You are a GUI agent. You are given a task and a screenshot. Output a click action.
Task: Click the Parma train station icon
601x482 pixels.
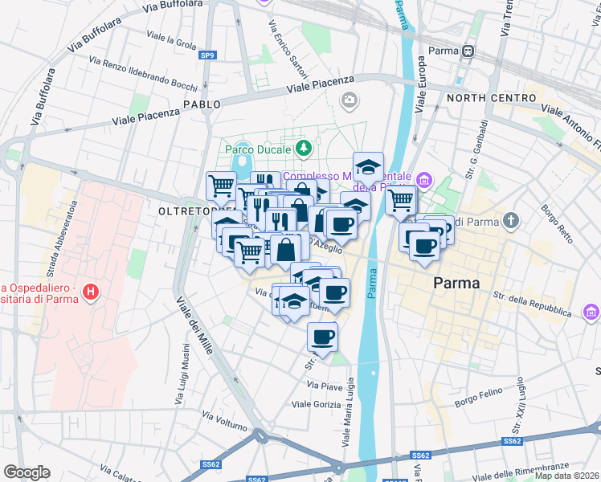pyautogui.click(x=467, y=51)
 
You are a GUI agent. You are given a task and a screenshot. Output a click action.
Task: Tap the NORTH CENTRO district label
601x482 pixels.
pyautogui.click(x=480, y=98)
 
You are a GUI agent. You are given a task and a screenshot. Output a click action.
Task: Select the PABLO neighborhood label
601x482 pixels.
pyautogui.click(x=202, y=105)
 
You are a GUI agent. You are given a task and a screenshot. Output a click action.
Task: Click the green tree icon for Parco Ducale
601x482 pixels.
pyautogui.click(x=303, y=148)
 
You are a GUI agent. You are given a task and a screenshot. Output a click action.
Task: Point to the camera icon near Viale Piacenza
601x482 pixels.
pyautogui.click(x=349, y=100)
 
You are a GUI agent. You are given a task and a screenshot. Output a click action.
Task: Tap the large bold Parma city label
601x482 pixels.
pyautogui.click(x=456, y=283)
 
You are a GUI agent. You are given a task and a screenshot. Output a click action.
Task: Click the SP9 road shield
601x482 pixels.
pyautogui.click(x=207, y=55)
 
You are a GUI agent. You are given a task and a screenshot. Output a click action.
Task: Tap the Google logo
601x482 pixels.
pyautogui.click(x=27, y=472)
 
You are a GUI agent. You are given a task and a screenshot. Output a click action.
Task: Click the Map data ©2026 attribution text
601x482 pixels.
pyautogui.click(x=566, y=476)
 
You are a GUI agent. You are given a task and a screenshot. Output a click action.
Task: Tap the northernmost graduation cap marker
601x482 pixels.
pyautogui.click(x=368, y=166)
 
